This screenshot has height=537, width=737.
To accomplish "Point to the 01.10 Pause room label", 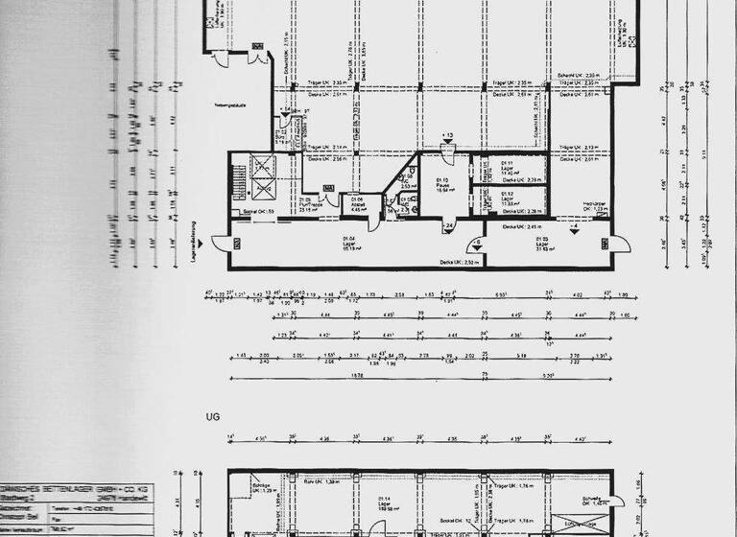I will coord(443,184).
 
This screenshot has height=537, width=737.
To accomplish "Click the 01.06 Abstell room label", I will coord(355,205).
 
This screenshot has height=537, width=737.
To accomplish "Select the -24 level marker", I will coord(447,228).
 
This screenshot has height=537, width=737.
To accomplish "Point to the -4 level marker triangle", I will coord(574,228).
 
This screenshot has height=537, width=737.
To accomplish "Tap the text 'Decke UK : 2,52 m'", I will coord(459,261).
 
